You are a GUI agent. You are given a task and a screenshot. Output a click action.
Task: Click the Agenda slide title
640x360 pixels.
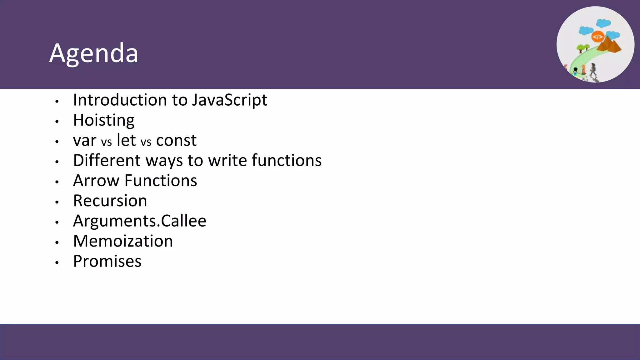point(94,53)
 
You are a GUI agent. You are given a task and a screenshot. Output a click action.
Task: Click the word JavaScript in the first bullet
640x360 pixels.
point(229,100)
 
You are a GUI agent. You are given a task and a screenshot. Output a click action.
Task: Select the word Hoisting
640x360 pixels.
point(104,120)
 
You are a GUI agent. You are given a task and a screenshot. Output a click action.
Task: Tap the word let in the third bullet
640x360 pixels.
point(126,140)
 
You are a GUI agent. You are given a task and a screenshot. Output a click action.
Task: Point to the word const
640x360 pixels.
point(176,141)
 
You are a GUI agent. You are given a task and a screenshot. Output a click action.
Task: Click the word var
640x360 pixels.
point(85,141)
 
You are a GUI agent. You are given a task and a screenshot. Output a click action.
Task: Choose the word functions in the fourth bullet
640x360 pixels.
point(287,160)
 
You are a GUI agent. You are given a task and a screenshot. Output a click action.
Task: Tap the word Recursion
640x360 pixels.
point(110,201)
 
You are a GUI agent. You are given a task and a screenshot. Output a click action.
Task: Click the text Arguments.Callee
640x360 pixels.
point(140,221)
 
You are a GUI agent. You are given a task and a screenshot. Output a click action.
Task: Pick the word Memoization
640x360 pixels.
point(123,241)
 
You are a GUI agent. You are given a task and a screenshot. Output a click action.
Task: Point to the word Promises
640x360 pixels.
point(107,261)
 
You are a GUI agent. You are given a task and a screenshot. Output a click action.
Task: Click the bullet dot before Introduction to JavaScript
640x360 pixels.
point(57,101)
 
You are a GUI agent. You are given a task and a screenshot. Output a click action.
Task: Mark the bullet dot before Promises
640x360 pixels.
point(57,263)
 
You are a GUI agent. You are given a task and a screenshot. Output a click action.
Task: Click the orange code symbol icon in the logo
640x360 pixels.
point(597,37)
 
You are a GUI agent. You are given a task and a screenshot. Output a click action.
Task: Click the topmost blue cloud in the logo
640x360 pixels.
point(603,23)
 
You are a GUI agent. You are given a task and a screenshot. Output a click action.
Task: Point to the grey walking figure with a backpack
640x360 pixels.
point(593,70)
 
